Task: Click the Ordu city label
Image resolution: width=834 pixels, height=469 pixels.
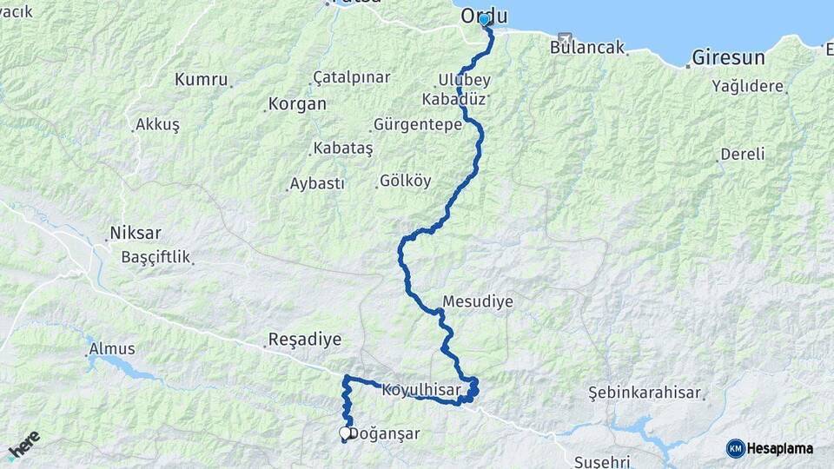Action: click(484, 16)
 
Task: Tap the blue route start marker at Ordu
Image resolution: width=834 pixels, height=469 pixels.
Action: click(485, 19)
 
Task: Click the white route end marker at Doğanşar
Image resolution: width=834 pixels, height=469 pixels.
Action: click(345, 433)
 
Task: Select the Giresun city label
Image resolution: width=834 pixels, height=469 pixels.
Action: click(728, 59)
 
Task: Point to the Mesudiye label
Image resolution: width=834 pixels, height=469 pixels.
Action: click(477, 302)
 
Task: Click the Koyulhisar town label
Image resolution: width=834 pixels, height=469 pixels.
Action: click(420, 390)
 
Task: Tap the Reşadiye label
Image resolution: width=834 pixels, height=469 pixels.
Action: click(305, 340)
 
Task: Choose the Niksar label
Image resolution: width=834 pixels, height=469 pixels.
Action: click(135, 234)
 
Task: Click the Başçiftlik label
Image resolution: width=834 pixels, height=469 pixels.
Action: click(156, 258)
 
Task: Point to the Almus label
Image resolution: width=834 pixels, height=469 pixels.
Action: click(112, 349)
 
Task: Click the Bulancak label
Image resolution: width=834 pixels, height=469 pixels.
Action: click(587, 48)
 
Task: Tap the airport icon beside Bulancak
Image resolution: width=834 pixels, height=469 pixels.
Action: click(565, 39)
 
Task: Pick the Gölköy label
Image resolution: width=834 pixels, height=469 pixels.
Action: click(405, 182)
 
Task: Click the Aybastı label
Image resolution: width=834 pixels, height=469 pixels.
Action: click(317, 184)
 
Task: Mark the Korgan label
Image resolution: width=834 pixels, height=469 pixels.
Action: click(297, 104)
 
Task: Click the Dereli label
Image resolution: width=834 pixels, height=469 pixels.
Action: click(742, 155)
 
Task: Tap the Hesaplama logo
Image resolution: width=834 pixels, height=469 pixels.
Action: click(770, 448)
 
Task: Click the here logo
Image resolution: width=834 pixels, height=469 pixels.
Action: click(24, 446)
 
